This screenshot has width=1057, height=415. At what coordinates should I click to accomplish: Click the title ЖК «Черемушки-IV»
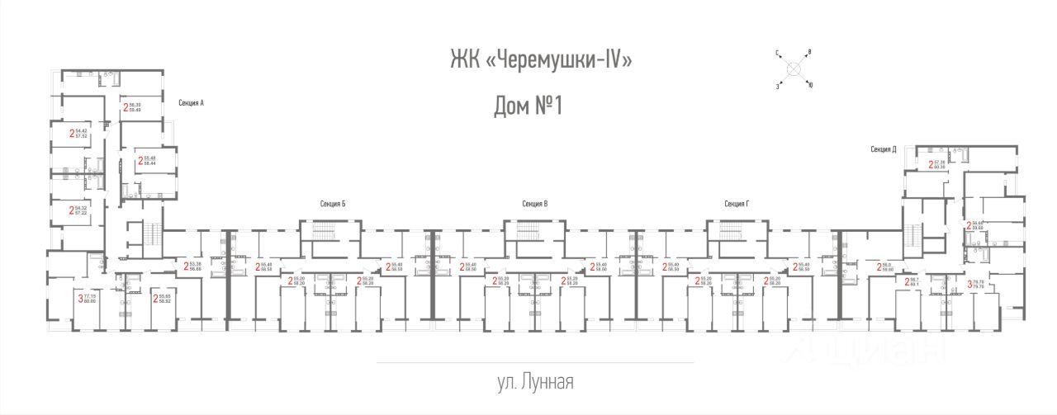[541, 60]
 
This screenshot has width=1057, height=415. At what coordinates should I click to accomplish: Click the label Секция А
[191, 102]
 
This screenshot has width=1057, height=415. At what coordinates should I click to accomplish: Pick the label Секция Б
[333, 203]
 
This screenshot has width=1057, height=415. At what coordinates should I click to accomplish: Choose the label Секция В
[535, 203]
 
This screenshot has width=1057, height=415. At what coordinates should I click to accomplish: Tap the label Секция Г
[736, 203]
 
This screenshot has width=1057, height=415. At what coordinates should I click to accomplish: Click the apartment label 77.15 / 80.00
[88, 299]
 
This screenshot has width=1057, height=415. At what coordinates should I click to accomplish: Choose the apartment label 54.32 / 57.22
[81, 210]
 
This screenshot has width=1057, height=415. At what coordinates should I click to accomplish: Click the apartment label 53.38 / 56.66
[193, 266]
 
